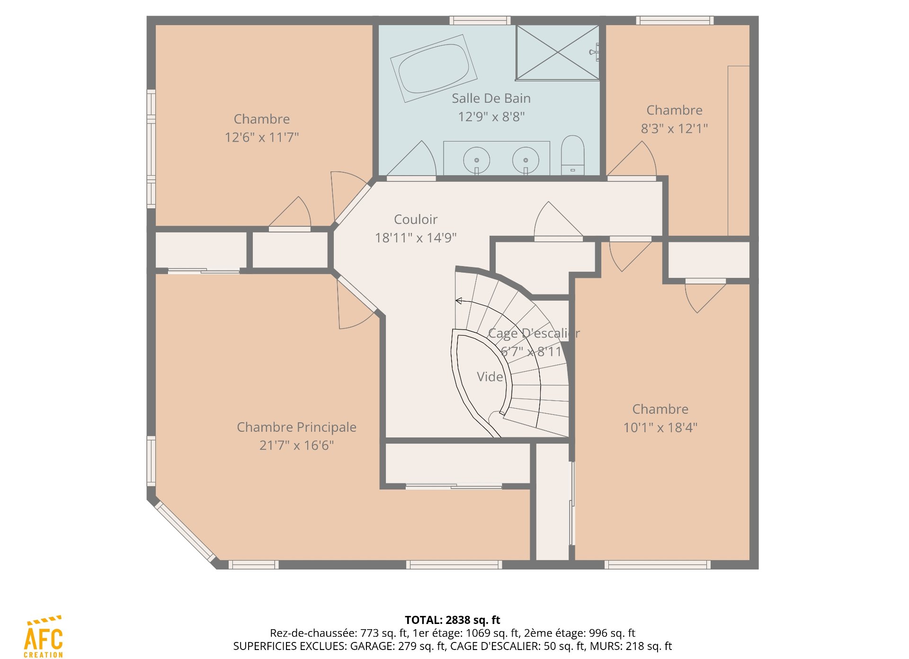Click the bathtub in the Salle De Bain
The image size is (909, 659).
coord(433,68)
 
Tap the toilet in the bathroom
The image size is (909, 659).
coord(572,155)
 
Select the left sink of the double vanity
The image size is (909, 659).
coord(476,160)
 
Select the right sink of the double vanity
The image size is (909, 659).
coord(526,160)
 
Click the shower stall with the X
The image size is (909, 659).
coord(558,53)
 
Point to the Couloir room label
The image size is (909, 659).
coord(416,220)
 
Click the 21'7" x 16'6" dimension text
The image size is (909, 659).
coord(296,445)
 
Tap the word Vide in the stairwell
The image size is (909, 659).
coord(490,377)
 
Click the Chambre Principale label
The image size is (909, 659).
coord(296,427)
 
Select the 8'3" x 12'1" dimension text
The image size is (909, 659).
coord(674,128)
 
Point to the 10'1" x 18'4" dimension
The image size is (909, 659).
coord(660,427)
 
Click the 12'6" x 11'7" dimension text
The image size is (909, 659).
coord(262,137)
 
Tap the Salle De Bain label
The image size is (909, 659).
coord(491,98)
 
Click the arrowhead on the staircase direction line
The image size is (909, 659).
coord(459,301)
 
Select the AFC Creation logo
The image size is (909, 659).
coord(43,637)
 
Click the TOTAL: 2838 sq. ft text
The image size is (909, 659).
coord(452,620)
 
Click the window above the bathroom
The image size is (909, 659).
coord(480,20)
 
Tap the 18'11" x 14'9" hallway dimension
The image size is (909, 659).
coord(416,238)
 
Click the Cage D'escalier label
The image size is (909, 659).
coord(534,333)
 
